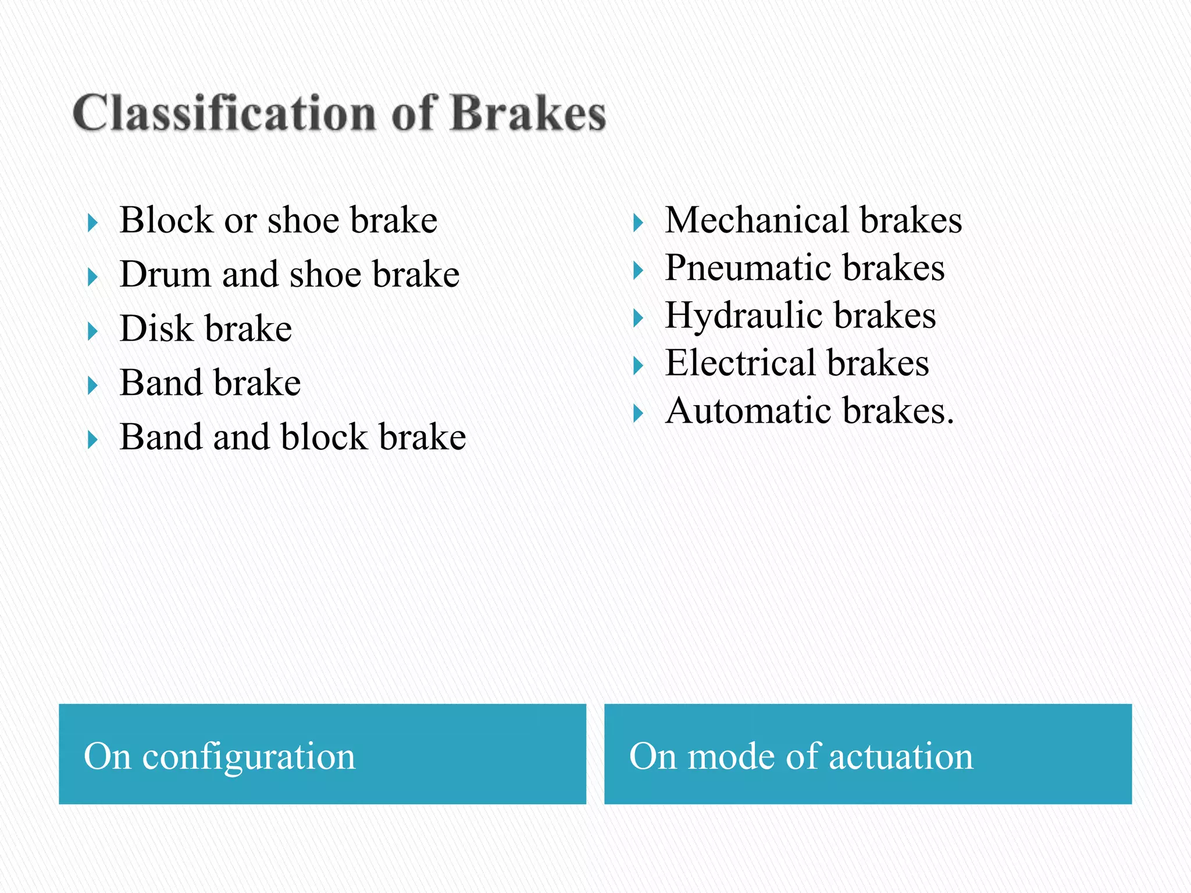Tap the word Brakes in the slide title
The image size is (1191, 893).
[528, 113]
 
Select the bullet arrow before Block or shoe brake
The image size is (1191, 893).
[92, 223]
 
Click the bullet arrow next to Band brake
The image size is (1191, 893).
[92, 385]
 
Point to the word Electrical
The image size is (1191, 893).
[740, 363]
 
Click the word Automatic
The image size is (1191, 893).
[748, 411]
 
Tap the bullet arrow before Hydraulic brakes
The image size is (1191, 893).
[638, 319]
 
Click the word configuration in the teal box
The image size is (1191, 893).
[248, 757]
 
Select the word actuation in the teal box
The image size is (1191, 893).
[900, 757]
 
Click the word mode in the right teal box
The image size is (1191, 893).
[731, 757]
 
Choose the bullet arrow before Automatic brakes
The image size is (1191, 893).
[638, 414]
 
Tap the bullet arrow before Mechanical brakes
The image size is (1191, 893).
[638, 223]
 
